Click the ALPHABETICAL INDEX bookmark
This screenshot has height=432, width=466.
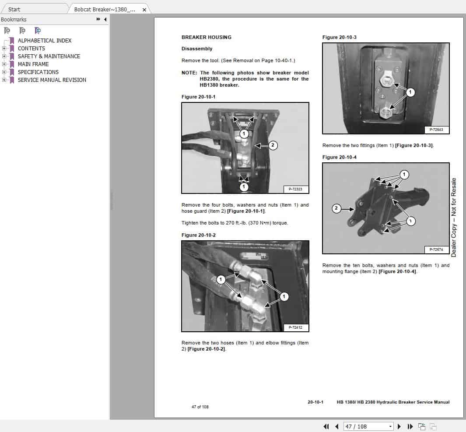click(x=44, y=41)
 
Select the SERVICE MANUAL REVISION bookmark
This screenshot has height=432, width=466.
click(x=52, y=80)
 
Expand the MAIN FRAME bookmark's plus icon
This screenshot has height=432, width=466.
click(x=4, y=64)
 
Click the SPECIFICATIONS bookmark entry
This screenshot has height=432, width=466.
click(x=38, y=72)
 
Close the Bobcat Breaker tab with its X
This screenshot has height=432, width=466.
click(x=144, y=10)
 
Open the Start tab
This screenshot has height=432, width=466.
click(x=14, y=9)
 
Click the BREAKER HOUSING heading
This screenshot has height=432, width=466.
click(x=206, y=37)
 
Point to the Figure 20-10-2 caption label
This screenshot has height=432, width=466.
click(x=198, y=235)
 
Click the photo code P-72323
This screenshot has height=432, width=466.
click(x=296, y=189)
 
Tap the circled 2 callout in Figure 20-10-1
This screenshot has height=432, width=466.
click(x=273, y=145)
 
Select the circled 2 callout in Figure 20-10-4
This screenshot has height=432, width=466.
click(x=336, y=208)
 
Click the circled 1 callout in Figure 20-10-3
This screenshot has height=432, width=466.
click(x=410, y=92)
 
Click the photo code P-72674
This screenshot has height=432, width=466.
click(x=436, y=249)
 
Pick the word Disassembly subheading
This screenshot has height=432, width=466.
click(x=197, y=49)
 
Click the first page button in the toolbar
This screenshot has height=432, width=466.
click(x=326, y=426)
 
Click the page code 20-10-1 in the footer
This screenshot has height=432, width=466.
click(x=315, y=402)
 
